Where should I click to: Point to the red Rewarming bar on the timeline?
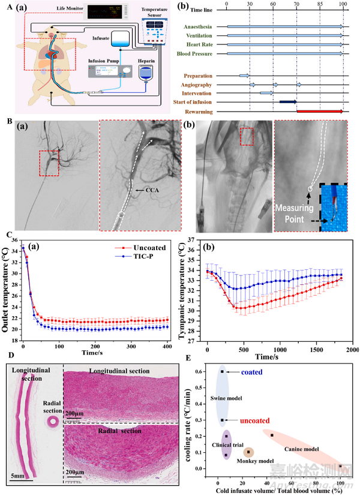pos(320,111)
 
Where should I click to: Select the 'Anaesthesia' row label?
pos(207,26)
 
